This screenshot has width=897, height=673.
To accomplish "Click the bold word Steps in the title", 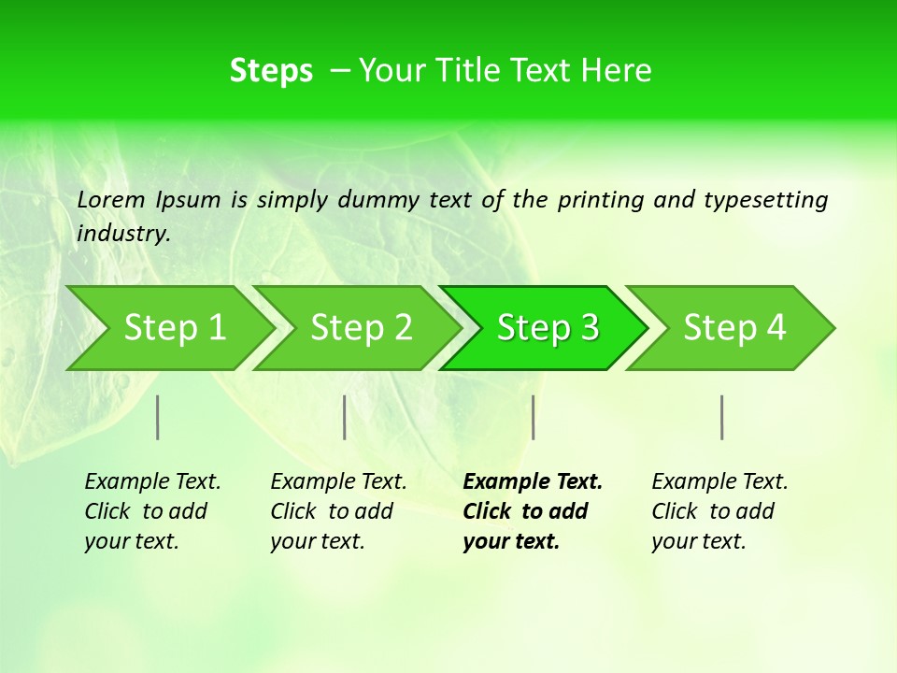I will pyautogui.click(x=271, y=71).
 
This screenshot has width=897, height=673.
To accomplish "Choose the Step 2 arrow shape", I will pyautogui.click(x=361, y=328).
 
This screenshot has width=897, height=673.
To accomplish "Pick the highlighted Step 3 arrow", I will pyautogui.click(x=548, y=328).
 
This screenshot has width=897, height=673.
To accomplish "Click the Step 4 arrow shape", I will pyautogui.click(x=734, y=328).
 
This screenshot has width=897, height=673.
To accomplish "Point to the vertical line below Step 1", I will pyautogui.click(x=158, y=417).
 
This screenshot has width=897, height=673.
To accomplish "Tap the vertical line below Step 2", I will pyautogui.click(x=345, y=417).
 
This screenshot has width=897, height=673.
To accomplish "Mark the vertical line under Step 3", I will pyautogui.click(x=533, y=417).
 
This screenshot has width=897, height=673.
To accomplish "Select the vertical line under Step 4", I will pyautogui.click(x=721, y=417).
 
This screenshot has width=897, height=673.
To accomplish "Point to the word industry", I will pyautogui.click(x=122, y=234).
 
